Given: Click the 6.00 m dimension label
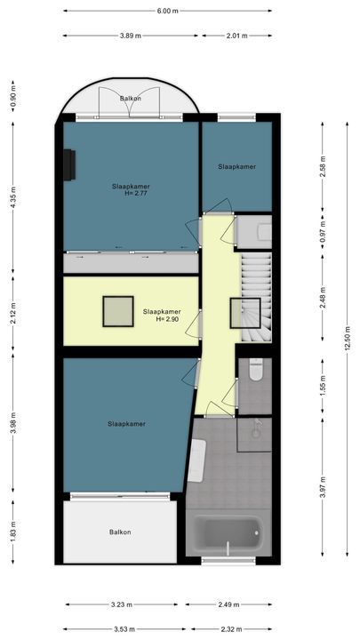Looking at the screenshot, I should [x=167, y=12].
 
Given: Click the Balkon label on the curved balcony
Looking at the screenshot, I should [x=130, y=99].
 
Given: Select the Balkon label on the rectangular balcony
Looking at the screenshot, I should [x=120, y=532].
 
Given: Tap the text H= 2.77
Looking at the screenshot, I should [x=135, y=193].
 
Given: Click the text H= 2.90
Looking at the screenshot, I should [x=166, y=319].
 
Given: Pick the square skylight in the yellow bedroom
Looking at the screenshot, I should [x=116, y=311].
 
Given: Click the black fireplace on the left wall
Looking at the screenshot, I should [x=69, y=164].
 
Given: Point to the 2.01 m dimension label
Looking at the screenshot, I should [x=236, y=36].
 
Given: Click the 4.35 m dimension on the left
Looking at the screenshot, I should [x=12, y=201].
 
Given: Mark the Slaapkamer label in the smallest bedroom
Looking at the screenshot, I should [x=236, y=166].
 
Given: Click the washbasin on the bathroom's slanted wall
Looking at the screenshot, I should [x=198, y=460].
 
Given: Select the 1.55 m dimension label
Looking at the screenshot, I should [x=323, y=385].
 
